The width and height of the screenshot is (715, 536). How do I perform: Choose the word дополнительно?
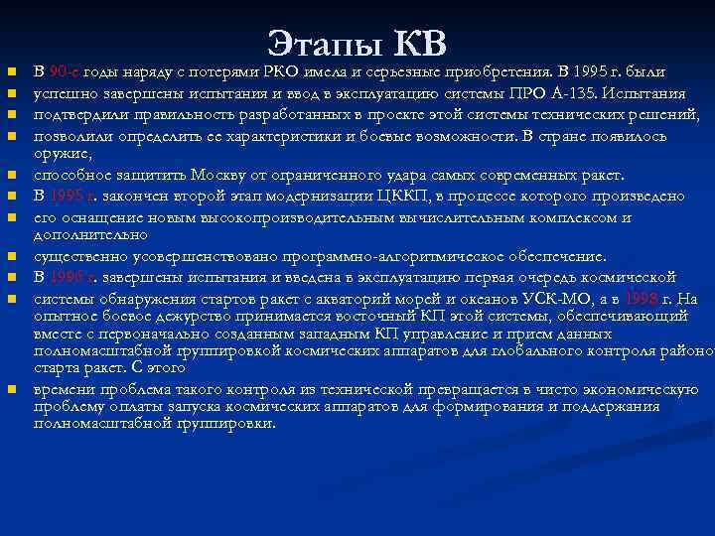tap(90, 236)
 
